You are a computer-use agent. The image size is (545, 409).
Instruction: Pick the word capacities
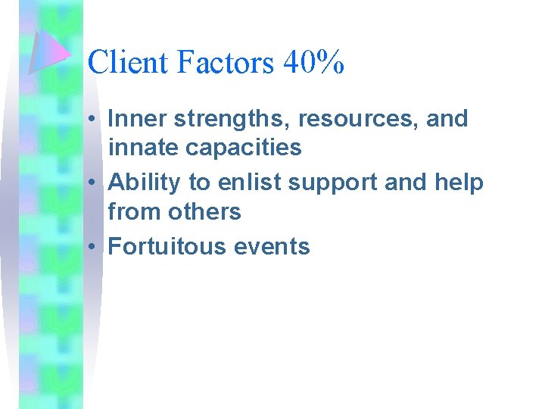pos(244,148)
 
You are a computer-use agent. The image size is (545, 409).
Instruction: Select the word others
pos(204,211)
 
